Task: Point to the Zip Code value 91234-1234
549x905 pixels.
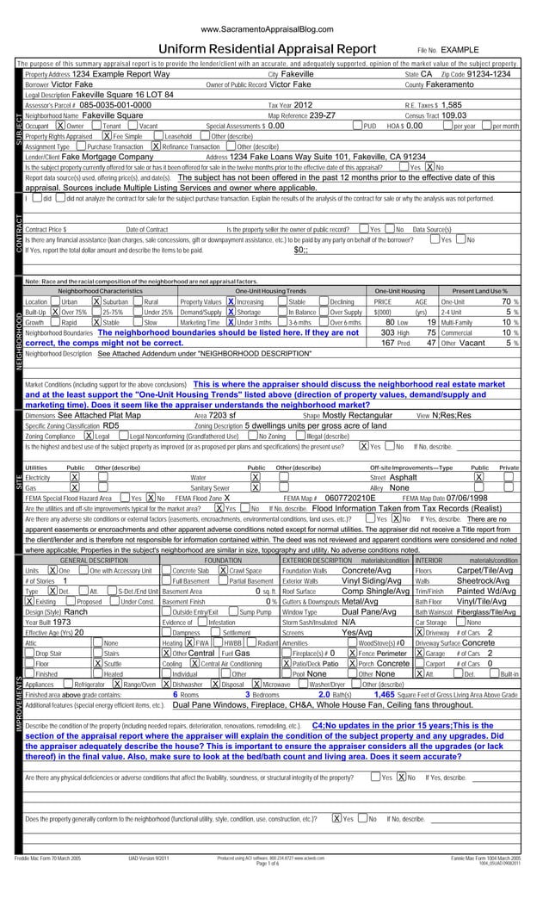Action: pyautogui.click(x=489, y=75)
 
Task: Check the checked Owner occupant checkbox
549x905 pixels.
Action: pyautogui.click(x=48, y=125)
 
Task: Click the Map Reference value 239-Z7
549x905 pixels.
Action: pyautogui.click(x=322, y=115)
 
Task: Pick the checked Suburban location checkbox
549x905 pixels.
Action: pyautogui.click(x=95, y=302)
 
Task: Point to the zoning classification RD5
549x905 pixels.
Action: pyautogui.click(x=111, y=425)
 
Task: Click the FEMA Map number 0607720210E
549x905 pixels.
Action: pyautogui.click(x=352, y=497)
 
